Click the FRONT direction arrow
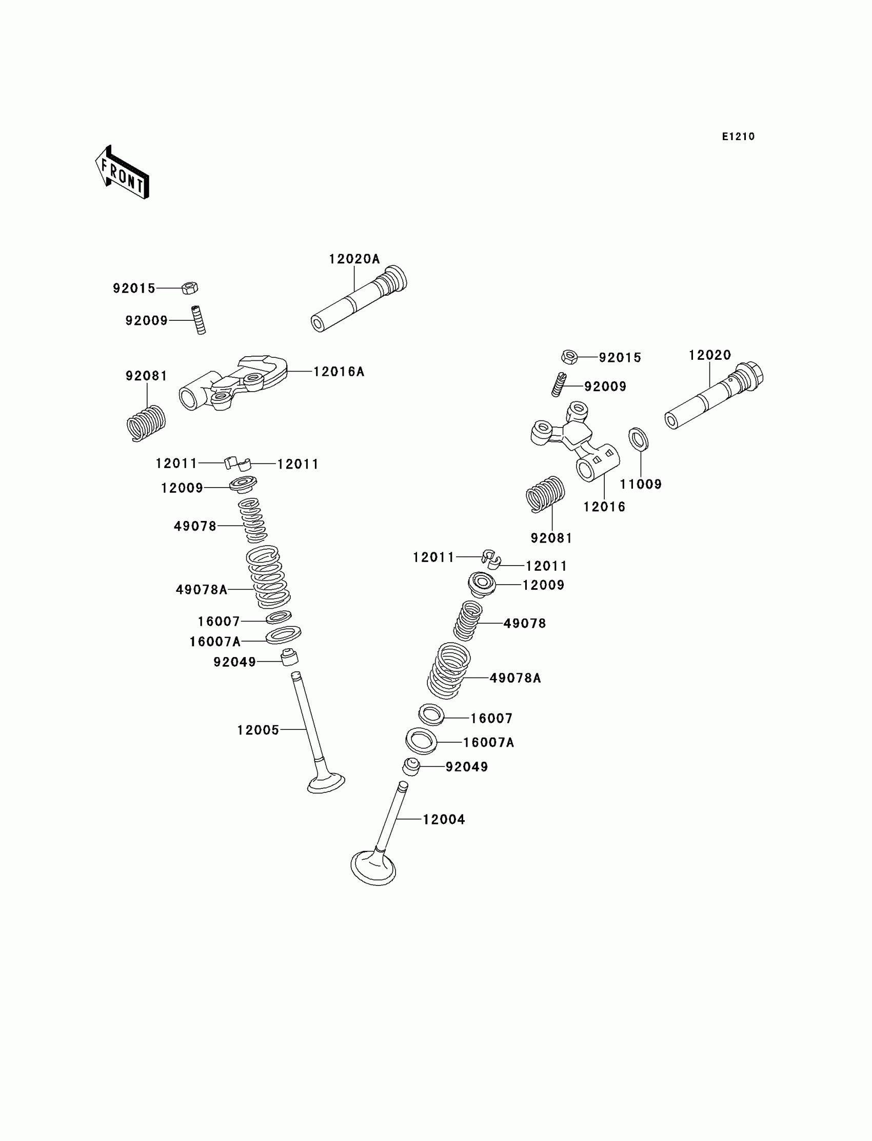coord(123,173)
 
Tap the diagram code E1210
coord(738,137)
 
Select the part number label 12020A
coord(354,259)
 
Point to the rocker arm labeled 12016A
coord(233,384)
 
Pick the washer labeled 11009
coord(639,439)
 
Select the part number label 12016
coord(604,507)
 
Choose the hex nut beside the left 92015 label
coord(190,287)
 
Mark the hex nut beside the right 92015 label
coord(569,357)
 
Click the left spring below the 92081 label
coord(146,423)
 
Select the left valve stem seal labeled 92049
coord(290,658)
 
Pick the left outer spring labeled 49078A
coord(267,577)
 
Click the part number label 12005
coord(258,730)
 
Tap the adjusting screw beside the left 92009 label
coord(199,320)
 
